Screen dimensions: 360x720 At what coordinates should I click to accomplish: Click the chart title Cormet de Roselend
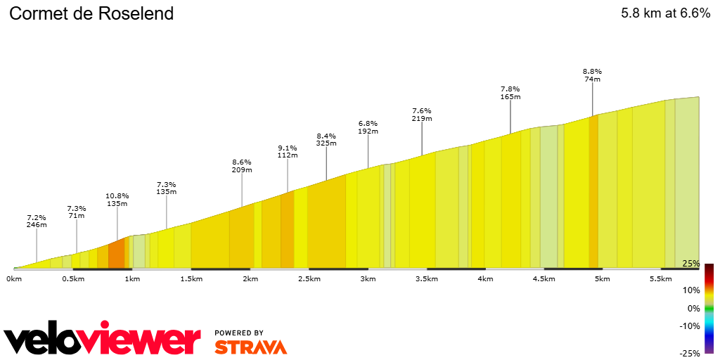pyautogui.click(x=91, y=13)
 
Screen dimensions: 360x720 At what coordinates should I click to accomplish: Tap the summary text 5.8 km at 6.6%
pyautogui.click(x=665, y=13)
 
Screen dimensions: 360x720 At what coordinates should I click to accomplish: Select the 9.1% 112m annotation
pyautogui.click(x=288, y=152)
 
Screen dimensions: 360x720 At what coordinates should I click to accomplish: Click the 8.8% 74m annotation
pyautogui.click(x=593, y=75)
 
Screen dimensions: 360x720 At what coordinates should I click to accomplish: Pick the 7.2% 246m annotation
pyautogui.click(x=37, y=221)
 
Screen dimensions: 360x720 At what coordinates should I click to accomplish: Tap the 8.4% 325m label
pyautogui.click(x=326, y=139)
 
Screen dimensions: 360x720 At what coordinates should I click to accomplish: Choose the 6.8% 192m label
pyautogui.click(x=368, y=127)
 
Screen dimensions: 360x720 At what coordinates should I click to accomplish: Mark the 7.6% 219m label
pyautogui.click(x=422, y=115)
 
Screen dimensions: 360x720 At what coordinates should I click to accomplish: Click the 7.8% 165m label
pyautogui.click(x=510, y=93)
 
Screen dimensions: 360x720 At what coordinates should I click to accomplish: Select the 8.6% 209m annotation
pyautogui.click(x=242, y=165)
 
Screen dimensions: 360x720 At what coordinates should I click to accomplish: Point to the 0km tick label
pyautogui.click(x=14, y=279)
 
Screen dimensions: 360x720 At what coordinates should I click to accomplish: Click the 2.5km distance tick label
pyautogui.click(x=309, y=279)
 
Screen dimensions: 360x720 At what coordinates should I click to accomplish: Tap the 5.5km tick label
pyautogui.click(x=662, y=279)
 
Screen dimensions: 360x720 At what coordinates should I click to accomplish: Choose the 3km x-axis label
pyautogui.click(x=368, y=279)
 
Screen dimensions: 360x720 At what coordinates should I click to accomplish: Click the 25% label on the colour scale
pyautogui.click(x=691, y=264)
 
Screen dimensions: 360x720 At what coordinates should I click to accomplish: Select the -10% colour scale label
pyautogui.click(x=690, y=326)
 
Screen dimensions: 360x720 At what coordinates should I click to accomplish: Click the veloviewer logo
pyautogui.click(x=102, y=340)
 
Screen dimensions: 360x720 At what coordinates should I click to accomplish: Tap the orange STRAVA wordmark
pyautogui.click(x=250, y=347)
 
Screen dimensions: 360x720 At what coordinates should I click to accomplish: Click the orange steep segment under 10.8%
pyautogui.click(x=116, y=254)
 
